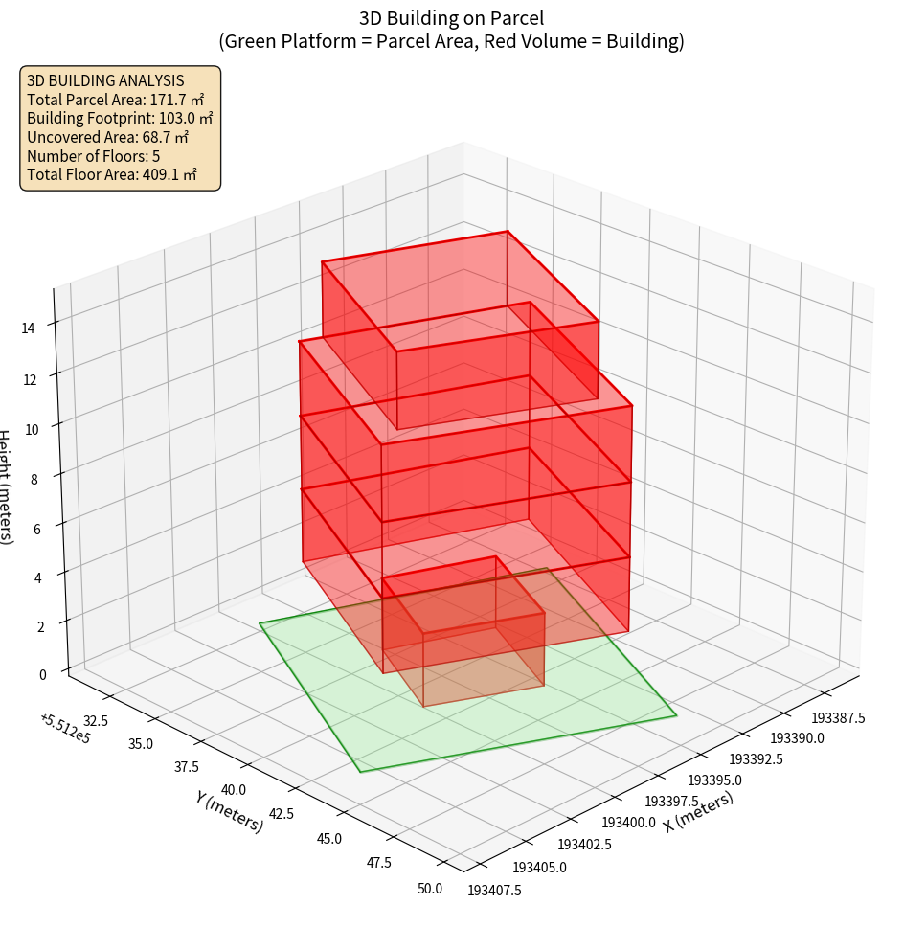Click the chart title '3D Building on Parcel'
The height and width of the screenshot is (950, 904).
pyautogui.click(x=451, y=18)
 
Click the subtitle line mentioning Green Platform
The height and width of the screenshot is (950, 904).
pyautogui.click(x=451, y=42)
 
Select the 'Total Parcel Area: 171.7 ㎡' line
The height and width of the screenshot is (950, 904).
pyautogui.click(x=116, y=100)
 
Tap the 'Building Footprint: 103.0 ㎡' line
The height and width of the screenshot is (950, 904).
pyautogui.click(x=120, y=119)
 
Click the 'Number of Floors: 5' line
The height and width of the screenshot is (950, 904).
pyautogui.click(x=94, y=156)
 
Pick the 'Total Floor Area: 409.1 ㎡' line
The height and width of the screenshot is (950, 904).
pyautogui.click(x=112, y=174)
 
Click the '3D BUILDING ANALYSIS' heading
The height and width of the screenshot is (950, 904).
pyautogui.click(x=105, y=81)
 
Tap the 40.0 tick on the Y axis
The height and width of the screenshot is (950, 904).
pyautogui.click(x=233, y=790)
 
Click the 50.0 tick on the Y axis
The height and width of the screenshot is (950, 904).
pyautogui.click(x=430, y=889)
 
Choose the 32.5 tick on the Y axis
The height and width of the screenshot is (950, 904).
pyautogui.click(x=95, y=720)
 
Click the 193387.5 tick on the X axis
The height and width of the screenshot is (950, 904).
pyautogui.click(x=839, y=718)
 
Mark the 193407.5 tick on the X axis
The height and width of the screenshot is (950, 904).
pyautogui.click(x=494, y=891)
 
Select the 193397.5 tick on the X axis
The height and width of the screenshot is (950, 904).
pyautogui.click(x=671, y=801)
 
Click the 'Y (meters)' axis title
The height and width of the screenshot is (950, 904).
pyautogui.click(x=229, y=810)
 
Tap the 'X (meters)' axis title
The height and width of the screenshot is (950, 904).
pyautogui.click(x=698, y=812)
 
